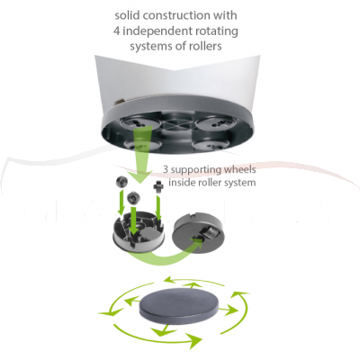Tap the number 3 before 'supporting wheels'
pos(165,170)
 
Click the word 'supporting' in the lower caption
pos(201,170)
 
